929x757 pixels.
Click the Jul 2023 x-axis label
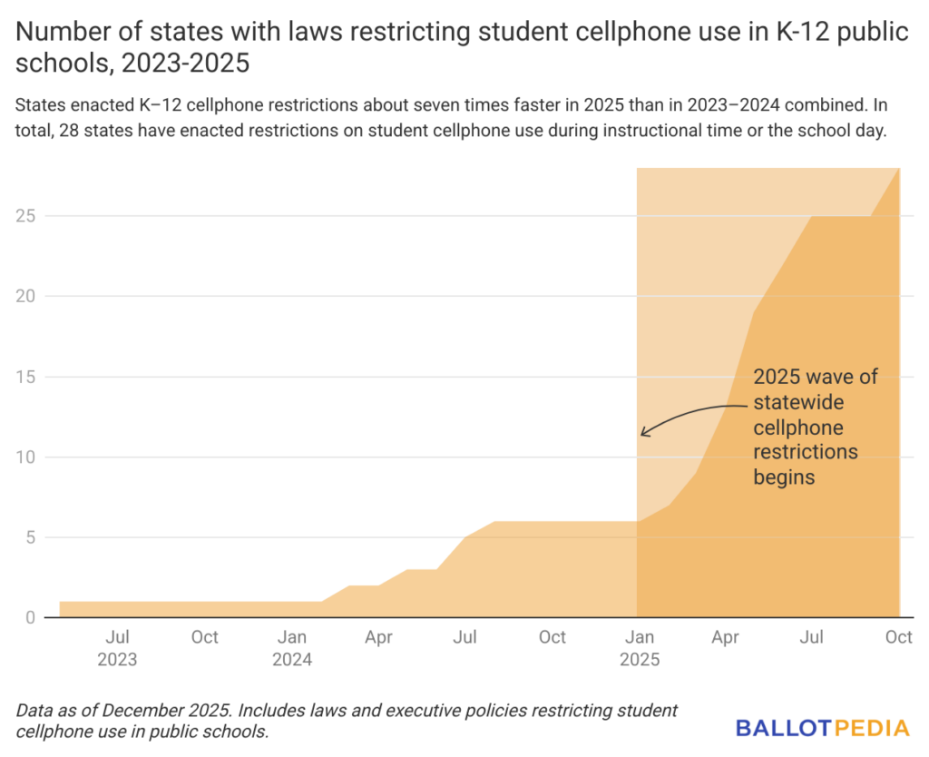click(117, 648)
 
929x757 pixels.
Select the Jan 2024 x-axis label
click(291, 648)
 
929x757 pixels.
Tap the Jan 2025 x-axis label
click(640, 648)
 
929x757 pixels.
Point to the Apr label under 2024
click(378, 637)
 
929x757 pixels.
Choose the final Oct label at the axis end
click(898, 637)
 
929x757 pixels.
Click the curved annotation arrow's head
click(643, 432)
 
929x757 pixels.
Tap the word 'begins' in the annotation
click(784, 476)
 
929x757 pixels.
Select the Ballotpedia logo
click(822, 727)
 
